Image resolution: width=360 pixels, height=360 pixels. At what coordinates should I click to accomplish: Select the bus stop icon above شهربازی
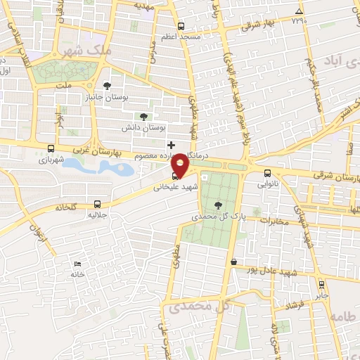(50, 148)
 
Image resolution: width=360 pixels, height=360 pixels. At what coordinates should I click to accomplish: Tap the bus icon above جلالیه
(97, 205)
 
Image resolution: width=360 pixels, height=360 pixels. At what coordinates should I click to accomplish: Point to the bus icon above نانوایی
(266, 173)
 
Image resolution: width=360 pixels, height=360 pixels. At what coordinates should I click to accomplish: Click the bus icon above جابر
(321, 285)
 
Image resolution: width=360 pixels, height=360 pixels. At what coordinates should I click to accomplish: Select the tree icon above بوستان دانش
(144, 117)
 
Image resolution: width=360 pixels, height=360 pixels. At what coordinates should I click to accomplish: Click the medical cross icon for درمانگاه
(171, 144)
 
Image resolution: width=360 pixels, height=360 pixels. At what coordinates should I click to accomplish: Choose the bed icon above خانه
(77, 263)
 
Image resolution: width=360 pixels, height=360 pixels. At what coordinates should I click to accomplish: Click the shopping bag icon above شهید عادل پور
(233, 262)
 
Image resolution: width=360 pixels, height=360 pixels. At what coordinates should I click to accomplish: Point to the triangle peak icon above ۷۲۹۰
(300, 11)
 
